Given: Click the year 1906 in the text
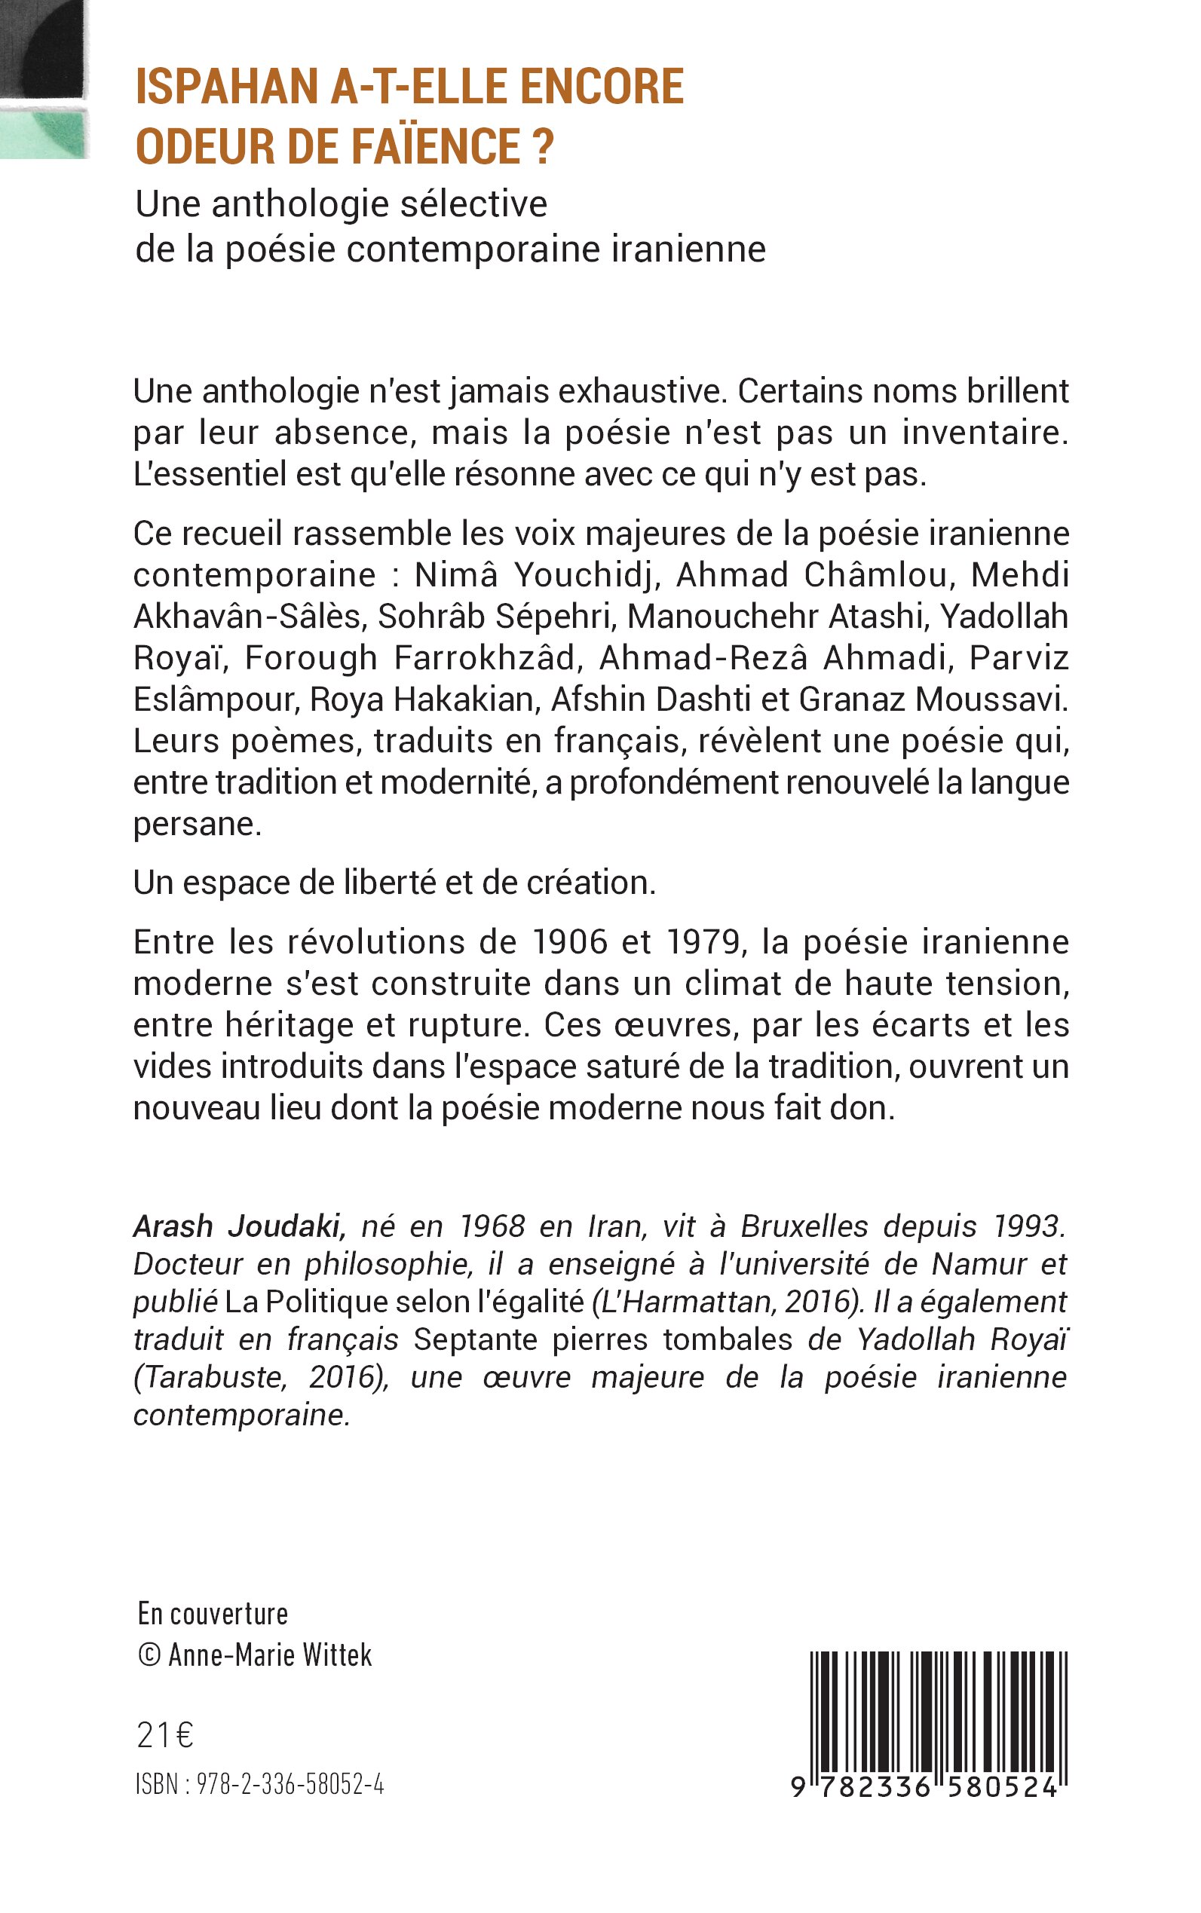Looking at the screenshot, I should tap(565, 943).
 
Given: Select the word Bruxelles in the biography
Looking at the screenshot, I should tap(804, 1227).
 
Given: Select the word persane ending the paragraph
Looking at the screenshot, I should tap(196, 825).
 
